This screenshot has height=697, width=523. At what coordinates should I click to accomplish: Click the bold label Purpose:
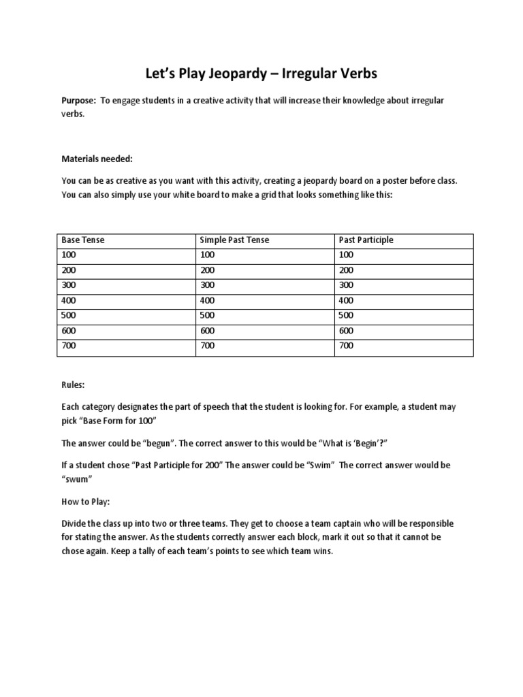click(79, 101)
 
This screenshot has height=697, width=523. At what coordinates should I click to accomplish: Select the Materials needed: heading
click(97, 159)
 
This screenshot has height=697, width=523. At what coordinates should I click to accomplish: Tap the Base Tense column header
click(83, 240)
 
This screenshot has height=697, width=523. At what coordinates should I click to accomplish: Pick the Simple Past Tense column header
click(235, 240)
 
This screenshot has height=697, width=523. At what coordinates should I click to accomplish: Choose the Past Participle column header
click(366, 240)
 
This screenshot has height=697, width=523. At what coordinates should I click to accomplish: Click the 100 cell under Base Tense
click(69, 255)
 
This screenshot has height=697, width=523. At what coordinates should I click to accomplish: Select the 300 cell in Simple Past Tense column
click(207, 285)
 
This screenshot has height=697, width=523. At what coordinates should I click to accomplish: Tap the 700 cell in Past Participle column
click(346, 346)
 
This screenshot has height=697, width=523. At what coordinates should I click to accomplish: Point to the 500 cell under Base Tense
click(69, 315)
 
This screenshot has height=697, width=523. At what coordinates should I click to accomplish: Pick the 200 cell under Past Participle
click(346, 270)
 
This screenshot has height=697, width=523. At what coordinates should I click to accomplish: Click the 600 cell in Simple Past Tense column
click(207, 331)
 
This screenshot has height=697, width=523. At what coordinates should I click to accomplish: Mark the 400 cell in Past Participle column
click(346, 300)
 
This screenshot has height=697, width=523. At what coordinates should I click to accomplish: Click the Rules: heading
click(73, 385)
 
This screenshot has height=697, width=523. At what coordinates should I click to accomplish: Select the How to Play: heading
click(85, 502)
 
